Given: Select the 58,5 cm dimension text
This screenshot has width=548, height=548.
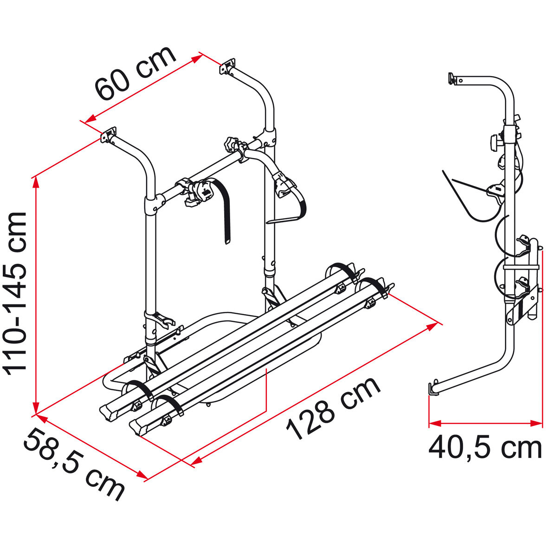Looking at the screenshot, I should [x=74, y=464].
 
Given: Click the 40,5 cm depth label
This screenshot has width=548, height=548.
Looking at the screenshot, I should [x=485, y=448].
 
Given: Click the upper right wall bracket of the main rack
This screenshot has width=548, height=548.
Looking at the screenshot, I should [x=228, y=66].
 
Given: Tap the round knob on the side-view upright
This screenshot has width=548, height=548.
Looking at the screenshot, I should [x=495, y=141].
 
